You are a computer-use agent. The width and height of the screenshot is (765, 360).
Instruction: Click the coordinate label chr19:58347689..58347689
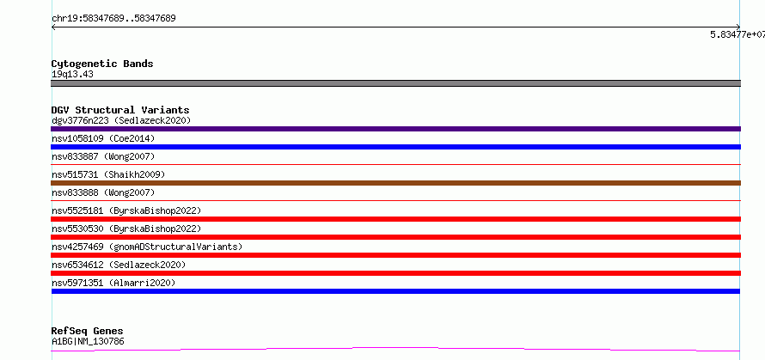(x=113, y=19)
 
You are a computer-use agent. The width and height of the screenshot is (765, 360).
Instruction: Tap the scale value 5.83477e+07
(x=737, y=34)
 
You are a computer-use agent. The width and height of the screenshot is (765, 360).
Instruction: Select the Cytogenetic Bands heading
(x=102, y=64)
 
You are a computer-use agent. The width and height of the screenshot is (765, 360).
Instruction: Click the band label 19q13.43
(x=72, y=75)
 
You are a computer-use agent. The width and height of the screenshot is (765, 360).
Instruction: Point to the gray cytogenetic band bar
(x=395, y=83)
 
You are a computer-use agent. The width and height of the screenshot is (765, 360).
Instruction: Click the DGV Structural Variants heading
(x=120, y=110)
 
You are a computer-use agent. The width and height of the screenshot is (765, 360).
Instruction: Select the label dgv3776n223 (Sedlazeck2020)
(x=121, y=120)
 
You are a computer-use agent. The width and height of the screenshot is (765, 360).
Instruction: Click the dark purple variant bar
(x=395, y=129)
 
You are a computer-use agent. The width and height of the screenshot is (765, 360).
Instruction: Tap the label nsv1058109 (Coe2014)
(x=103, y=138)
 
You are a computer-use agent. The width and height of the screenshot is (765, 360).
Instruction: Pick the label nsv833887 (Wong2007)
(x=103, y=156)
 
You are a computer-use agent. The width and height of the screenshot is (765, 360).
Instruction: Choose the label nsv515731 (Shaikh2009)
(x=108, y=174)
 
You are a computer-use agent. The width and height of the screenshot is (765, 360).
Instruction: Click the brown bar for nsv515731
(x=395, y=183)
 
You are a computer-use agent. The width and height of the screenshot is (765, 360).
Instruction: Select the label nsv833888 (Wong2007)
(x=103, y=192)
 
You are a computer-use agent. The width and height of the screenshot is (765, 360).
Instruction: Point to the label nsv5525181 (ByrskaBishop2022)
(x=126, y=211)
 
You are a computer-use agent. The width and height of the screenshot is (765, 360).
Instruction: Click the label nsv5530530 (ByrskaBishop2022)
(x=126, y=229)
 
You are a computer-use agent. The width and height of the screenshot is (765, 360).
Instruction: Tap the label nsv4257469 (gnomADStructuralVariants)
(x=147, y=247)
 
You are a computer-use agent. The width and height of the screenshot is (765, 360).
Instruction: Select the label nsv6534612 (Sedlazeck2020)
(x=119, y=265)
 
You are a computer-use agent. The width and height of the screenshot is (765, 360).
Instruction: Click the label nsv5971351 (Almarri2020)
(x=113, y=283)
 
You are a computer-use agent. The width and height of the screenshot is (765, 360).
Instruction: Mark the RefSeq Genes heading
(x=88, y=332)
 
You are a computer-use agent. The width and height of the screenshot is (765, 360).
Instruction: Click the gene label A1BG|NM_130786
(x=88, y=341)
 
